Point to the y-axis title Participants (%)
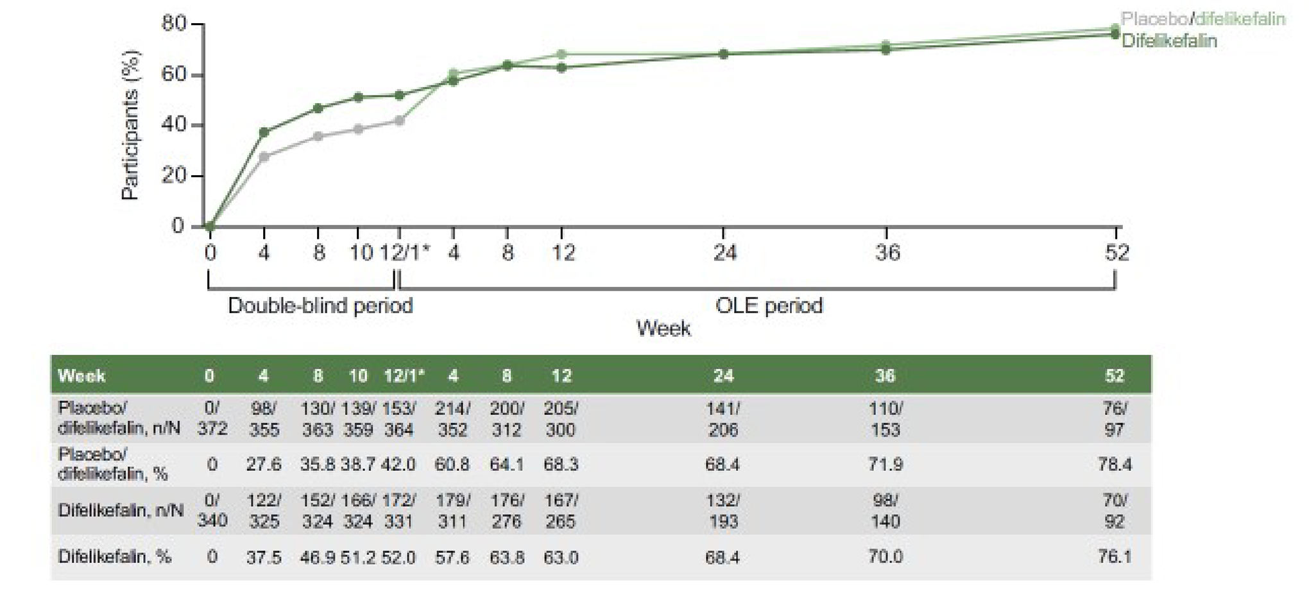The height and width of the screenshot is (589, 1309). tap(130, 126)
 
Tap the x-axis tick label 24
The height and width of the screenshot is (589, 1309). tap(724, 253)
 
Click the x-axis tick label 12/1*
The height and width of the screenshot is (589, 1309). tap(405, 253)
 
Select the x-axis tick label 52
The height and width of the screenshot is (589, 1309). tap(1116, 253)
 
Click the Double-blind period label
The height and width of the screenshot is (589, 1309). tap(320, 305)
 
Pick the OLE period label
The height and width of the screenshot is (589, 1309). tap(769, 305)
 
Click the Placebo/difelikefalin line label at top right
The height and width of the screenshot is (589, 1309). tap(1202, 19)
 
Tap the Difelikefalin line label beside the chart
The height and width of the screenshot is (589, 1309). tap(1168, 41)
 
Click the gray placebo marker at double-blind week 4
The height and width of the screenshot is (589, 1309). tap(264, 157)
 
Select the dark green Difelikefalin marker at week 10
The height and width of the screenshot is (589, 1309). tap(358, 98)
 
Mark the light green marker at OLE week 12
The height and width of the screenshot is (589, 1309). tap(562, 55)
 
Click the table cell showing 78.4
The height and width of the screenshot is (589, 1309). tap(1115, 465)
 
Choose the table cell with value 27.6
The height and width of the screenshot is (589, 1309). tap(264, 465)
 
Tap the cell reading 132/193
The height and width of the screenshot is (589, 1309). tap(723, 511)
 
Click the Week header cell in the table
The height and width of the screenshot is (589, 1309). tap(81, 376)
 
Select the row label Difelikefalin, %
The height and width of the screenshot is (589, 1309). tap(114, 557)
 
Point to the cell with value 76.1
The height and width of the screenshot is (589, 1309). tap(1115, 557)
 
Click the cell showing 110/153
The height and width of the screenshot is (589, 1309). tap(886, 419)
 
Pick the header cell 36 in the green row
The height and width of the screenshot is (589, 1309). tap(886, 376)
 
